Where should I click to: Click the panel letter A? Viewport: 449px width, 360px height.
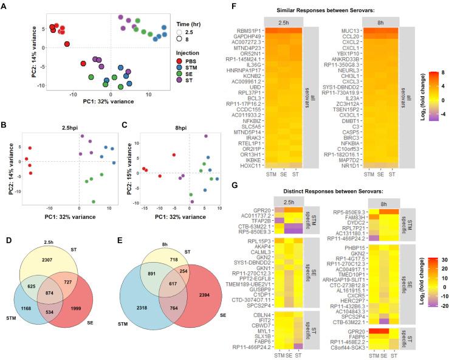coord(5,5)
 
